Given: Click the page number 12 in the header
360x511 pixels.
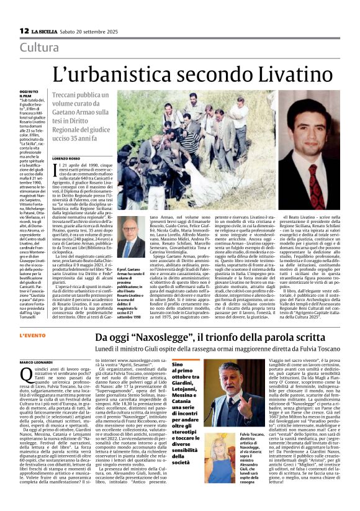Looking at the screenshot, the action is point(24,30).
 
